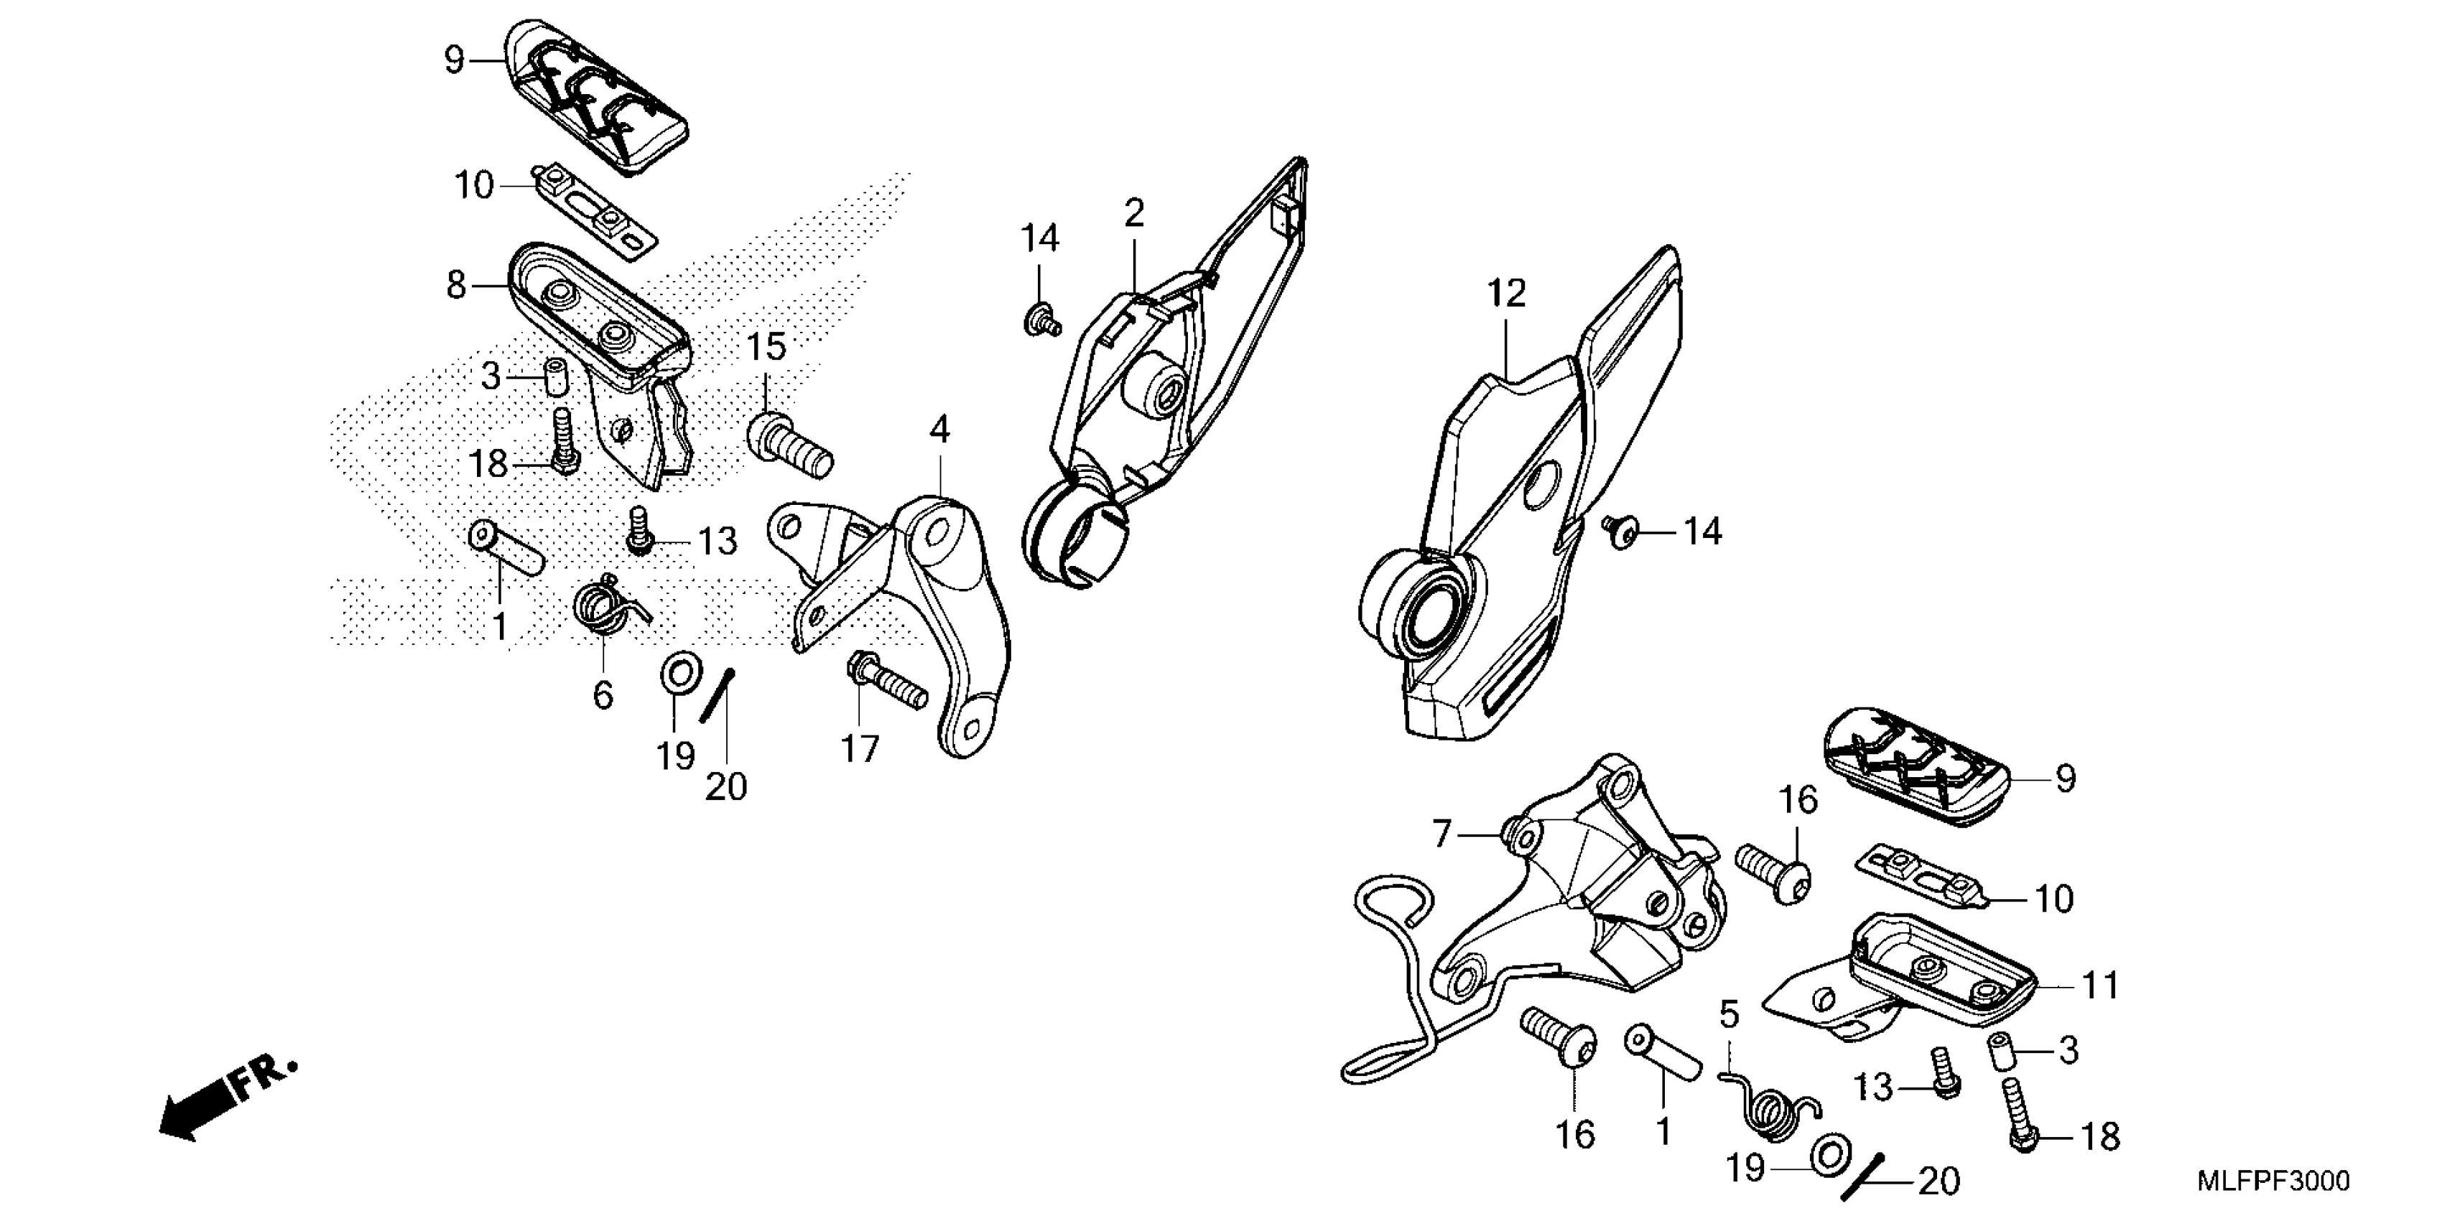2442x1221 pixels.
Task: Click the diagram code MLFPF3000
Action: [x=2273, y=1181]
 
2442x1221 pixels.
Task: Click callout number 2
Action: [x=1134, y=213]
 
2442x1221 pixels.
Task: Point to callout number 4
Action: [x=939, y=430]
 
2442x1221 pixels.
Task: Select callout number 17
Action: [x=860, y=749]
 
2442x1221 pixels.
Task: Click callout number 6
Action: [x=603, y=695]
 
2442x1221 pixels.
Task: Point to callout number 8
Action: [x=456, y=284]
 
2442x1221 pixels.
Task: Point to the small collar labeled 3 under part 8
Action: [x=554, y=379]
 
